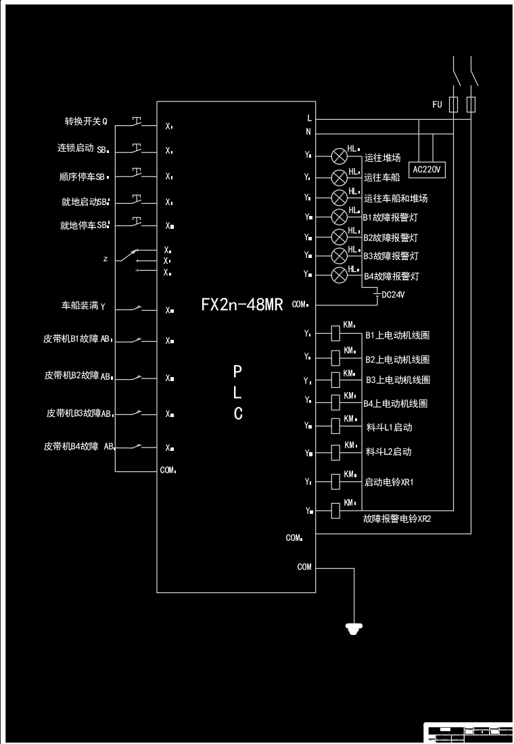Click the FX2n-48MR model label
[241, 304]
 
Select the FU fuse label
[437, 105]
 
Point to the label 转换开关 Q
[86, 122]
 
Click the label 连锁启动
[75, 148]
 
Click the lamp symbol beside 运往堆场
[340, 156]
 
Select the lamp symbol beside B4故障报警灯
[340, 275]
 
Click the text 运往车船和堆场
[396, 199]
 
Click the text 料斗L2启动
[388, 452]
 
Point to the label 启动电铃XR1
[389, 483]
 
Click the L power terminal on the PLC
[309, 118]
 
